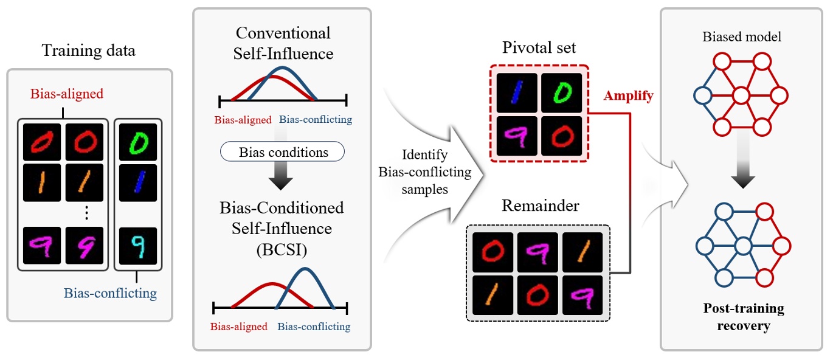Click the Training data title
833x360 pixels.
pyautogui.click(x=89, y=50)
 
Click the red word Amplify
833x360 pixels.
pyautogui.click(x=628, y=96)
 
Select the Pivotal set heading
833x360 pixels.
pyautogui.click(x=539, y=47)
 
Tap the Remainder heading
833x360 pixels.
pyautogui.click(x=540, y=205)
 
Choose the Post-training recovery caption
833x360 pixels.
pyautogui.click(x=743, y=317)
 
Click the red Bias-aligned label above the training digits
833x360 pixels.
pyautogui.click(x=67, y=94)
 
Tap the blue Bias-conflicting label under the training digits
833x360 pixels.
pyautogui.click(x=110, y=294)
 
